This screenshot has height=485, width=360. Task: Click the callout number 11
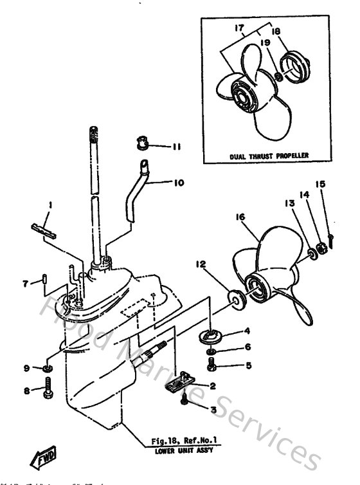pyautogui.click(x=176, y=147)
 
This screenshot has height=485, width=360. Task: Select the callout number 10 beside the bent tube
pyautogui.click(x=178, y=183)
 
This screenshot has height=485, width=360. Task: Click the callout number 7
pyautogui.click(x=26, y=282)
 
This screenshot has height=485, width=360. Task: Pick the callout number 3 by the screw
pyautogui.click(x=213, y=409)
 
